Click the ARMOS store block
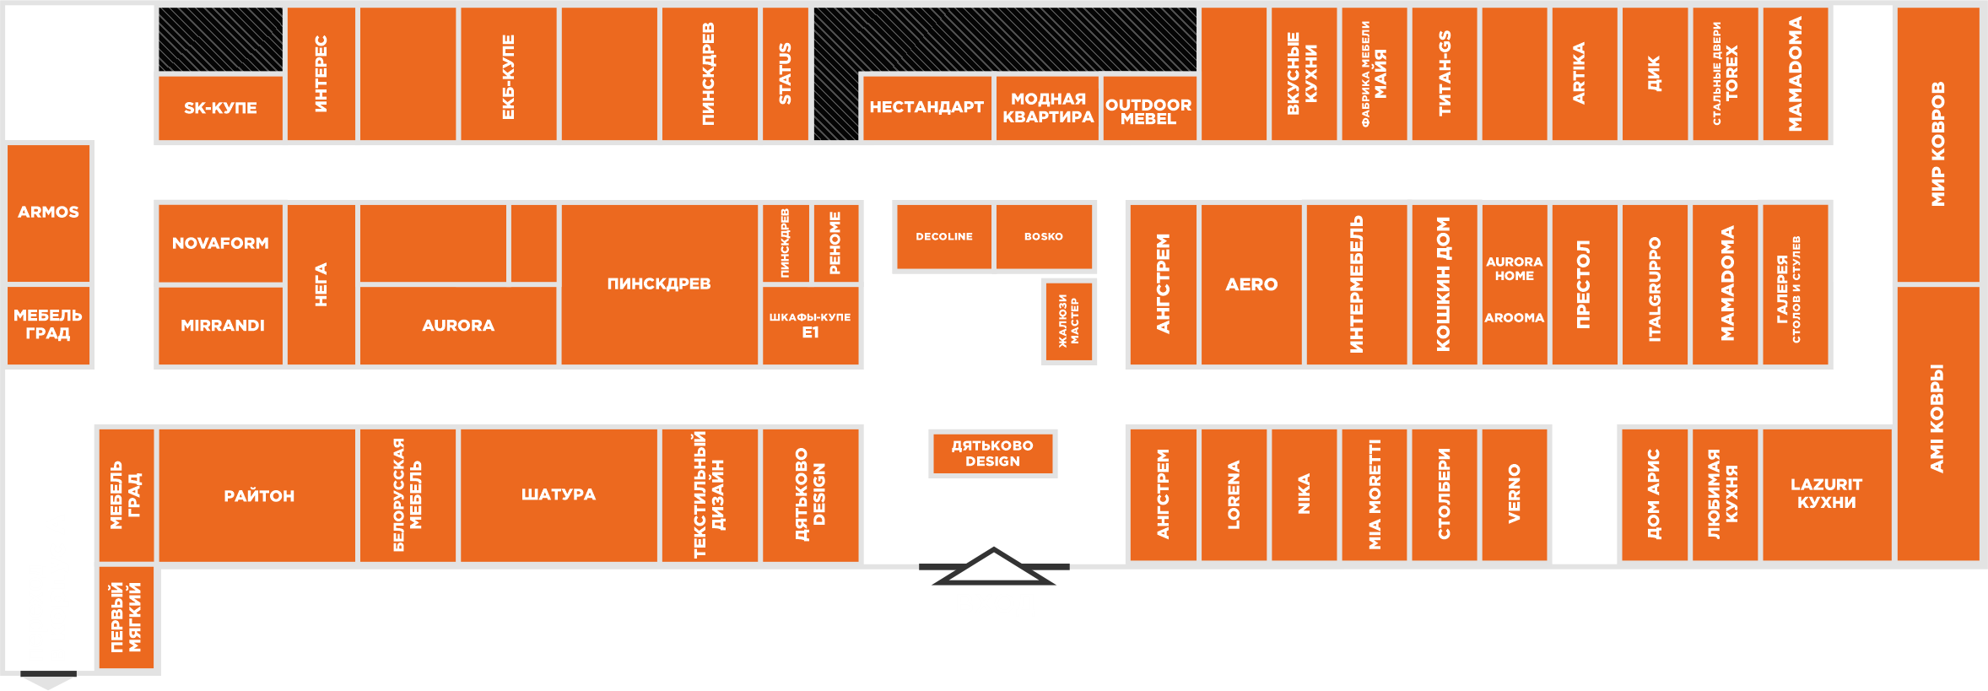(49, 212)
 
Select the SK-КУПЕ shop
(220, 108)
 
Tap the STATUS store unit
(785, 73)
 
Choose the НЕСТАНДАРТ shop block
(926, 107)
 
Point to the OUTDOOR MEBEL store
(1148, 111)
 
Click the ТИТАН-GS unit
(1444, 73)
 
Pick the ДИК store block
(1654, 73)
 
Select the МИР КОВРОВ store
(1937, 143)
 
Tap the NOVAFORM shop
(220, 243)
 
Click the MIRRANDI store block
(222, 326)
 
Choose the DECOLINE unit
(943, 237)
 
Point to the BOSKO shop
(1044, 237)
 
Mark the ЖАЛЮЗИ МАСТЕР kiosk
(1068, 321)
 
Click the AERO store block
(1251, 284)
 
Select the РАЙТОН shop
(258, 495)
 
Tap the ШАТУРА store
(558, 494)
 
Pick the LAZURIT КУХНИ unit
(1826, 494)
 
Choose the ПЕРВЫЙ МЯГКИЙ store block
(126, 618)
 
